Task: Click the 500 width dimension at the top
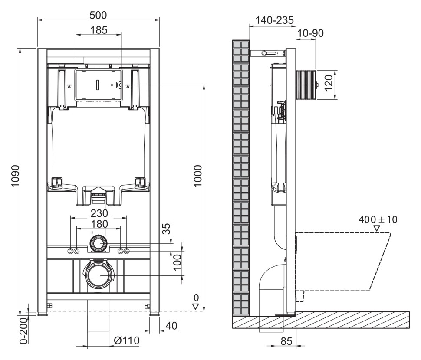click(x=98, y=15)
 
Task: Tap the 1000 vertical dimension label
click(x=198, y=176)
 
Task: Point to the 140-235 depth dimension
click(x=274, y=20)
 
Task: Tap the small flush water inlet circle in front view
click(x=98, y=243)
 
